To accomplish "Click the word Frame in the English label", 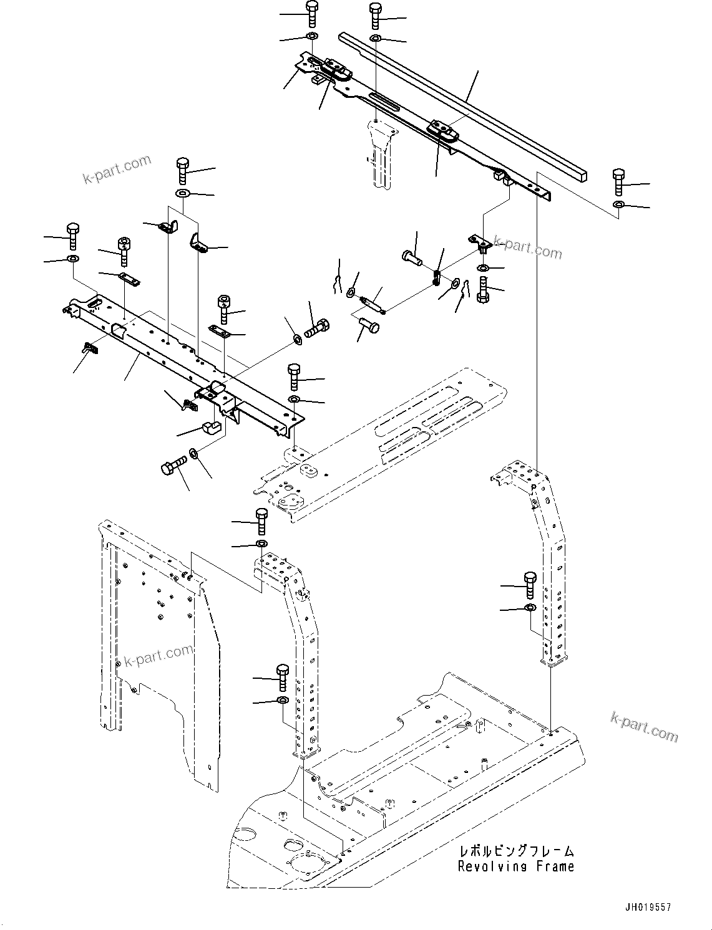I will (x=553, y=866).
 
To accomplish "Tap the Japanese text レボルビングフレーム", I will (x=516, y=851).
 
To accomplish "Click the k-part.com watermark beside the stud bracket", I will (x=528, y=247).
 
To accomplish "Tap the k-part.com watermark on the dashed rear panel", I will (x=158, y=655).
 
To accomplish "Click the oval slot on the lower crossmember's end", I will (x=95, y=303).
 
